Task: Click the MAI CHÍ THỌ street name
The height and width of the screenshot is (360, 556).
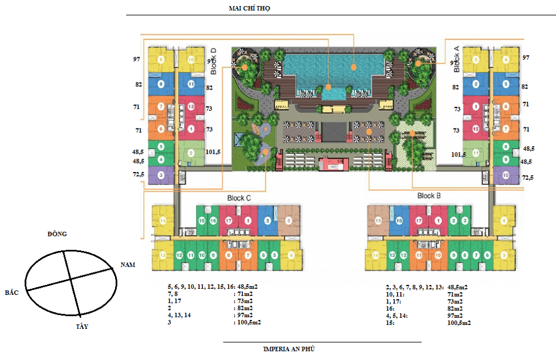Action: click(249, 9)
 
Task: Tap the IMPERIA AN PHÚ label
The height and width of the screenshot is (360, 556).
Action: click(290, 349)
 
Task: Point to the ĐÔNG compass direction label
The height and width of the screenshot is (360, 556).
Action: click(57, 234)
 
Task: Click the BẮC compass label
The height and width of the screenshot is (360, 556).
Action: click(12, 293)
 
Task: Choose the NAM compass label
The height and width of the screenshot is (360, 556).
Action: click(129, 266)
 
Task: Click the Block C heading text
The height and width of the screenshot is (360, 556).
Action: click(239, 198)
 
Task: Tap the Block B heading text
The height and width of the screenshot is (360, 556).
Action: click(429, 196)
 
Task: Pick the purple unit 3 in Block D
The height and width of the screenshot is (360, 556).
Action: click(161, 175)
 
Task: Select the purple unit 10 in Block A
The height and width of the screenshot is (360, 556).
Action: click(505, 175)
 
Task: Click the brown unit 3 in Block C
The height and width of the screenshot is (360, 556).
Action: click(289, 221)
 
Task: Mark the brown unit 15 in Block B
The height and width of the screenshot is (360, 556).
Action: click(378, 221)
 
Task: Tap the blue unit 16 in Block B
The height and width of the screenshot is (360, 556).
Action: click(399, 221)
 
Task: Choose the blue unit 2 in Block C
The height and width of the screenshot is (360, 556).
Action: click(267, 221)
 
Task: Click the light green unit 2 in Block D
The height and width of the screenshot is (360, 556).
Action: click(191, 153)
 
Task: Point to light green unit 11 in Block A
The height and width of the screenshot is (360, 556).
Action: click(475, 153)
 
